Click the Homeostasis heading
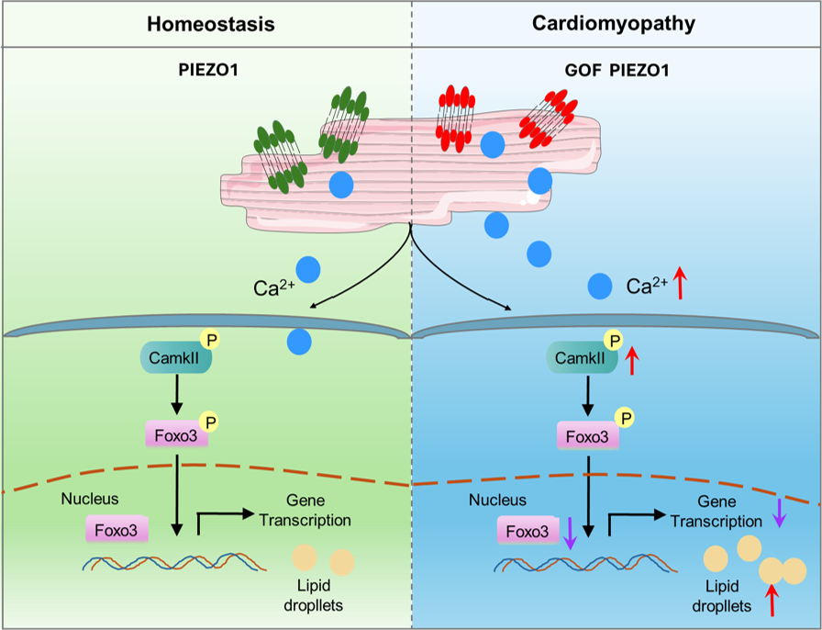click(x=210, y=24)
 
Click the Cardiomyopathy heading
click(x=616, y=24)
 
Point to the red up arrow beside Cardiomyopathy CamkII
click(x=634, y=361)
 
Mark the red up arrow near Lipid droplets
click(x=772, y=600)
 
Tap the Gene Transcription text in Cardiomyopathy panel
click(x=716, y=512)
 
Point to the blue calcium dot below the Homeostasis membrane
click(x=299, y=343)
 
